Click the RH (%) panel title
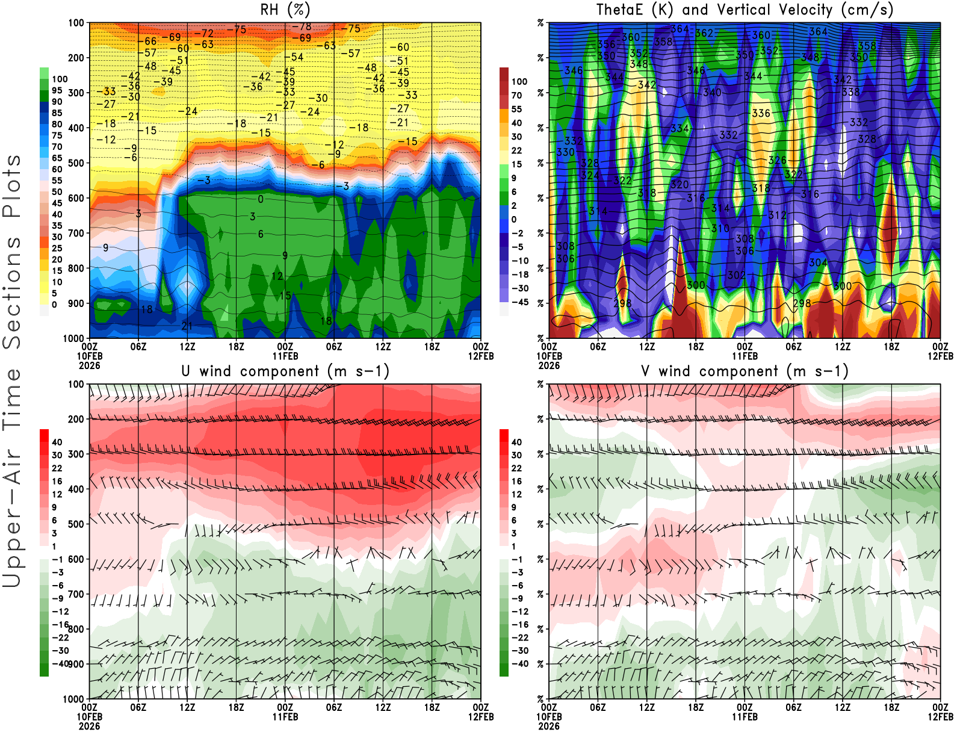coord(285,10)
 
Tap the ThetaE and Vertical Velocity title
coord(745,10)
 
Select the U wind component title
coord(285,371)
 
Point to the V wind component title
coord(745,371)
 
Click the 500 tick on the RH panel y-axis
coord(76,163)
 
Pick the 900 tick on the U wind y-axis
coord(76,664)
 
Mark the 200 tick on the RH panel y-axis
coord(76,58)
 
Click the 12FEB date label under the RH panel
coord(480,356)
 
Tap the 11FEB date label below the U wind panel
coord(285,717)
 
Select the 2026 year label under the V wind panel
coord(548,726)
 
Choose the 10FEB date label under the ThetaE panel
coord(548,356)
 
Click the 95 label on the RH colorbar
coord(57,90)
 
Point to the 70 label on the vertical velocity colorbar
coord(516,95)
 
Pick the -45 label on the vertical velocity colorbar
coord(519,302)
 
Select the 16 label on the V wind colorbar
coord(516,481)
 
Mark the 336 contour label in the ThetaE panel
coord(761,113)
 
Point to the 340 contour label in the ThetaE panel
coord(712,93)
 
